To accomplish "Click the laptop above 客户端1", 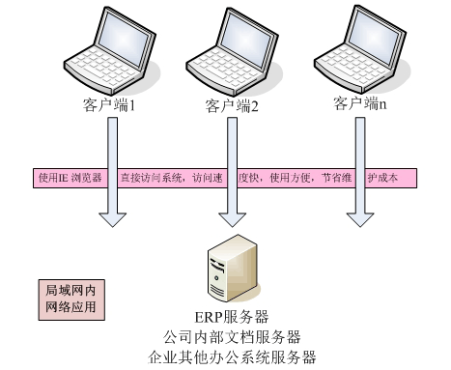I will (109, 48).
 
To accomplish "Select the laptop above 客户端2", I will (229, 48).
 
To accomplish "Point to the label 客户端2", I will (232, 104).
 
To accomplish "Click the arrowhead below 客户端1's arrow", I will (114, 217).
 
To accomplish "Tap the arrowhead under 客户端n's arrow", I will (360, 217).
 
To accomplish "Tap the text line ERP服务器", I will (233, 317).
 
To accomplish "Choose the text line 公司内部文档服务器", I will (233, 336).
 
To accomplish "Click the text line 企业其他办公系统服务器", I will (233, 356).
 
